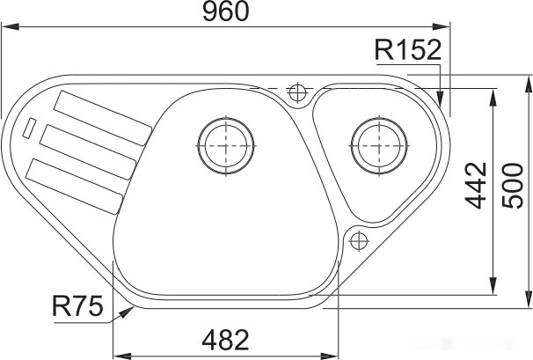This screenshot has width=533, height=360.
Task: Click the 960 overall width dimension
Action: pos(225,12)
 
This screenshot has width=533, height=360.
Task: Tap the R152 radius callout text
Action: pos(406,51)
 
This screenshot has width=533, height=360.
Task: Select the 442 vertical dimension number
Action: pos(476,185)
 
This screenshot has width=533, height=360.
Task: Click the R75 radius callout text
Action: pos(77,306)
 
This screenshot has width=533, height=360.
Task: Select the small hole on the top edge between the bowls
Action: pos(296,91)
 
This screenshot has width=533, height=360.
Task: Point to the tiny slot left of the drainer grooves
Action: pos(31,129)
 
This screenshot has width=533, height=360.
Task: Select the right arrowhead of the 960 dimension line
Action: pos(447,27)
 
